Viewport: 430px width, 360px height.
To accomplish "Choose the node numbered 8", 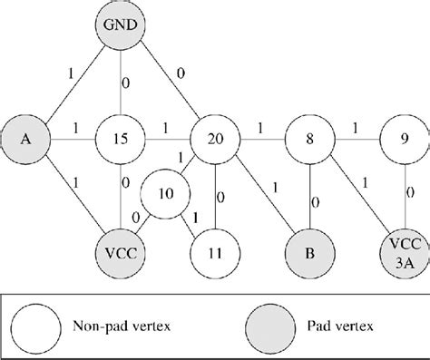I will tap(307, 140).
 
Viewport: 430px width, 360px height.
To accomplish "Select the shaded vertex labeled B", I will tap(307, 246).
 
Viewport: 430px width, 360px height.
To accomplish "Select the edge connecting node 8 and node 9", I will tap(353, 140).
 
